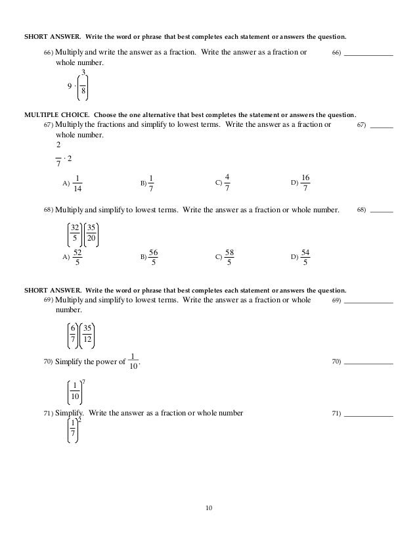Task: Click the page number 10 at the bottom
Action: [209, 508]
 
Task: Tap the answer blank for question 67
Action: [382, 126]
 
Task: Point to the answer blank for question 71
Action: [368, 415]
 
